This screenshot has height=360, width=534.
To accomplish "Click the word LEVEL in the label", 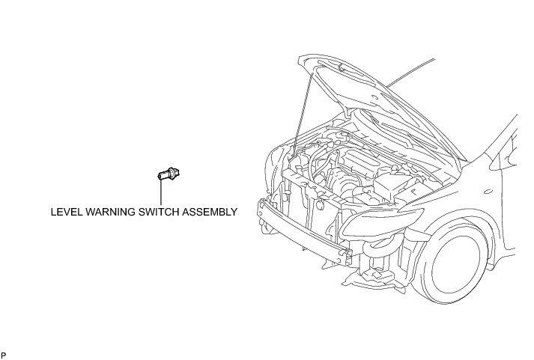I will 65,212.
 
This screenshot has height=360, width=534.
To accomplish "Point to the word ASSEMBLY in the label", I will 211,212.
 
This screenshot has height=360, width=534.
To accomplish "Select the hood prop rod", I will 303,112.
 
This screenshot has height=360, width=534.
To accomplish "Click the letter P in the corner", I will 4,354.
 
